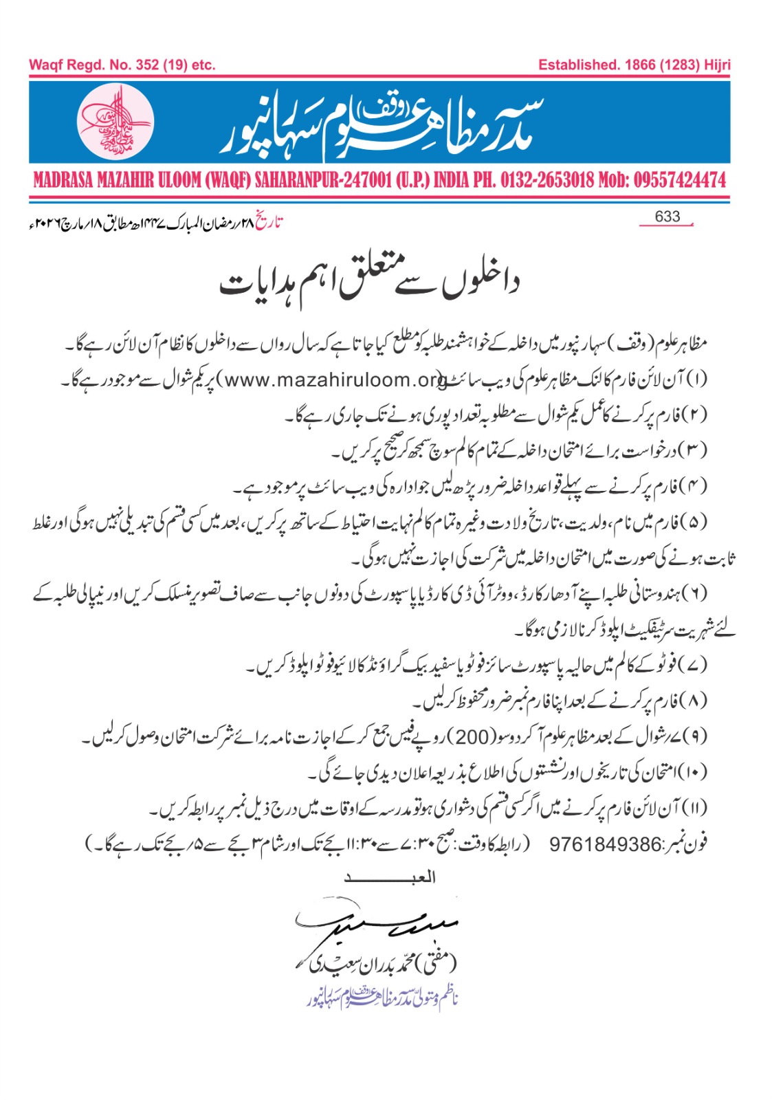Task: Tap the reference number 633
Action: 667,217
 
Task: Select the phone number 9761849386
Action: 605,844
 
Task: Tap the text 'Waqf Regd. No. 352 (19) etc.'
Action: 122,65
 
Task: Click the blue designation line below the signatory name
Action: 382,997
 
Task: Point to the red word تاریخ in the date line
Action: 269,223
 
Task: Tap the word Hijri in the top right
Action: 717,65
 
